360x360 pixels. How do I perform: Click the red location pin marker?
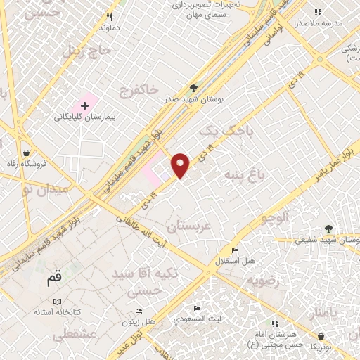point(181,165)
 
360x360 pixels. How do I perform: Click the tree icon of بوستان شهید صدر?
point(193,89)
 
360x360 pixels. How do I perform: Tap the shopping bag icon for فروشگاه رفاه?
point(26,153)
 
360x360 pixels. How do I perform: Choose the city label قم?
point(54,278)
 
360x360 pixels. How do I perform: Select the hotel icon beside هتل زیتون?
point(139,311)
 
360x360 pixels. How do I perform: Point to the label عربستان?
point(188,226)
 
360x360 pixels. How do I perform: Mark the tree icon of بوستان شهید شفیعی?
point(328,229)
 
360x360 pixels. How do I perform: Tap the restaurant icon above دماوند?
point(109,17)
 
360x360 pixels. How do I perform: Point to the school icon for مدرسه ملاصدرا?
point(318,12)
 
